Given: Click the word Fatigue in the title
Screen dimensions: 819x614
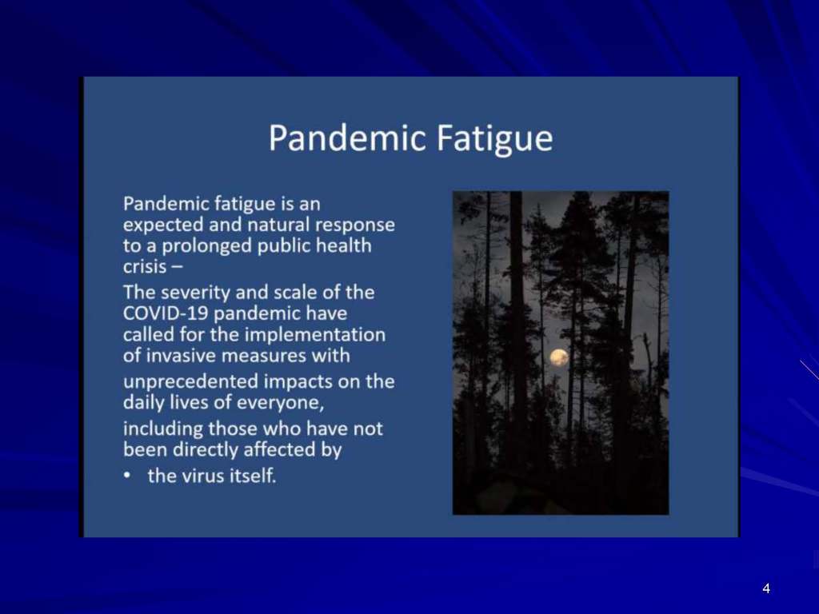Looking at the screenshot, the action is tap(494, 138).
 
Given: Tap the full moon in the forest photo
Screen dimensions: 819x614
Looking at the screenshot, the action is tap(559, 357).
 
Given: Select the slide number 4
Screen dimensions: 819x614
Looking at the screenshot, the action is tap(766, 588).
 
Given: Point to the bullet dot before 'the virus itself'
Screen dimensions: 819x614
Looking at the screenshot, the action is tap(126, 476).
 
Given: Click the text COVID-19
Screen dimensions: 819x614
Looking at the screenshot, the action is tap(165, 313).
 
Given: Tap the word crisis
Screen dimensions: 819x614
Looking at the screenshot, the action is tap(144, 267).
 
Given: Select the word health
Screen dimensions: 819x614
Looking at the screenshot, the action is tap(344, 245).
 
